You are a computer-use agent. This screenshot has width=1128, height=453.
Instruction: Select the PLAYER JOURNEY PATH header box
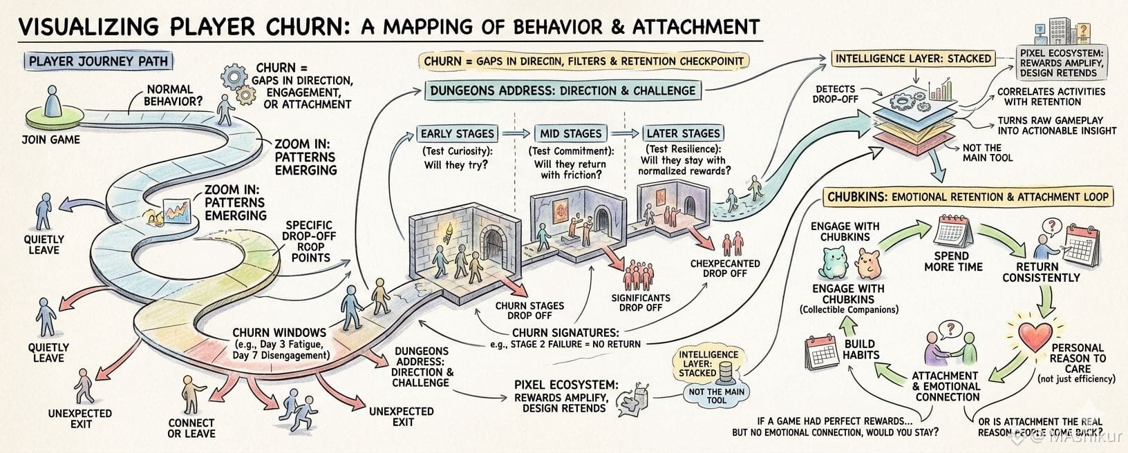click(97, 61)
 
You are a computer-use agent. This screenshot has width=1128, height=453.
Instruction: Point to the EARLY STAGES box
click(457, 133)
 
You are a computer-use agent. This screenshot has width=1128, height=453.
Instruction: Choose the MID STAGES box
click(571, 133)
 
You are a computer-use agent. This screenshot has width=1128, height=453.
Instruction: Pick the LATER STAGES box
click(682, 133)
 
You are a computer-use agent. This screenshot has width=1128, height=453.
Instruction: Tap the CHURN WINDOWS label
click(279, 332)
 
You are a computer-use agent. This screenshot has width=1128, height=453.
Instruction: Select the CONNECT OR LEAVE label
click(191, 428)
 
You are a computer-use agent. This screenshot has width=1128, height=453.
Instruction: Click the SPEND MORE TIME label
click(953, 261)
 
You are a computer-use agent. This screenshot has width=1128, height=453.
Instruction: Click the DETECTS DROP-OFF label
click(835, 95)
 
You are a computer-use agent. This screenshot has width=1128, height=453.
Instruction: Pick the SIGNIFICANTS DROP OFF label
click(640, 302)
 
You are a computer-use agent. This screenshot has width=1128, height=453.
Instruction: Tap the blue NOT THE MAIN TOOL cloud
click(717, 395)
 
